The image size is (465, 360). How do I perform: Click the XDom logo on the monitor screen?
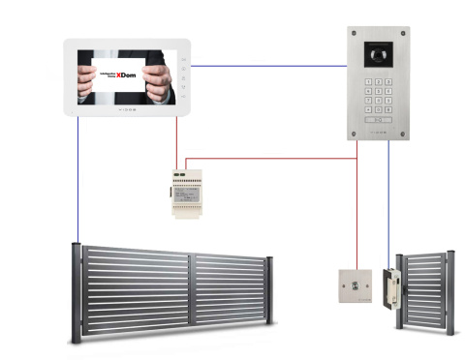click(x=127, y=75)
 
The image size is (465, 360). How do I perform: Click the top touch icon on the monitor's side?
click(x=184, y=59)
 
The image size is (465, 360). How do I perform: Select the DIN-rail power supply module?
click(x=189, y=192)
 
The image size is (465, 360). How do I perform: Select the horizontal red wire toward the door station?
click(x=271, y=158)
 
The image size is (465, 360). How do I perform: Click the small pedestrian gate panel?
click(x=425, y=290)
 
